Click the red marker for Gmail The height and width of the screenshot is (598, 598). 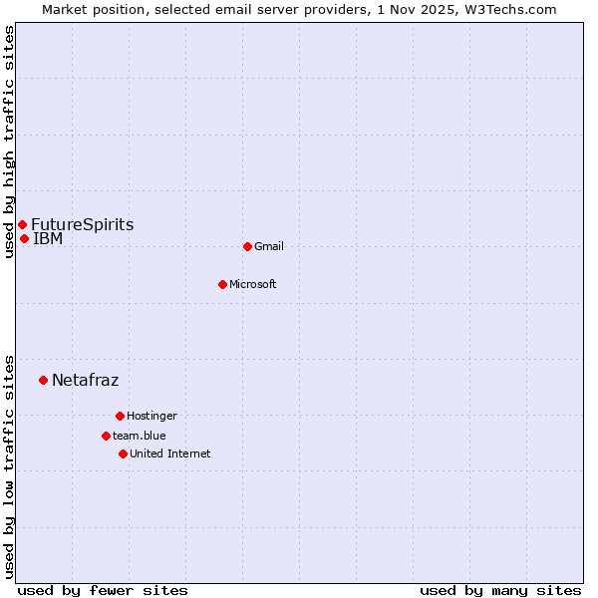[x=247, y=246]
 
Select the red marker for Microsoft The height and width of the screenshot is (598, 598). [x=223, y=284]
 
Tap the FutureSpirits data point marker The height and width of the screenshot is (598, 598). [x=22, y=224]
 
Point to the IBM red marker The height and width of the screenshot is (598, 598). [x=24, y=238]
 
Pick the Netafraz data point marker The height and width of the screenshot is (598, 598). [x=43, y=380]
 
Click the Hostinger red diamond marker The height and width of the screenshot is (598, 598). [x=120, y=416]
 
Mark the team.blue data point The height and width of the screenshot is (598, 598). [x=106, y=436]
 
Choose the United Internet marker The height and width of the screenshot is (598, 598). [x=123, y=453]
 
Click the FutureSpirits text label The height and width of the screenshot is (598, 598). [x=82, y=225]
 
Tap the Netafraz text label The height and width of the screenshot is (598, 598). [x=85, y=380]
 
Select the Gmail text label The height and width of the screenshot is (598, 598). [x=269, y=246]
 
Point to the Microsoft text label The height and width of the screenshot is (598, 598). [x=253, y=284]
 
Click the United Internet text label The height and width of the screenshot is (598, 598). [x=170, y=453]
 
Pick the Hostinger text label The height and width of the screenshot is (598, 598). [x=151, y=416]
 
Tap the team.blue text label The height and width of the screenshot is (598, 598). [x=140, y=436]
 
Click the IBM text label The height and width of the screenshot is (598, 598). [x=48, y=239]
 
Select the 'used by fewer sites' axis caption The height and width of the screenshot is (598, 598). [x=103, y=590]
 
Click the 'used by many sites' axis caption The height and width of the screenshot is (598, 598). [x=500, y=590]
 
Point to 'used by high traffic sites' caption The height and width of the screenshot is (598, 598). [x=9, y=142]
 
